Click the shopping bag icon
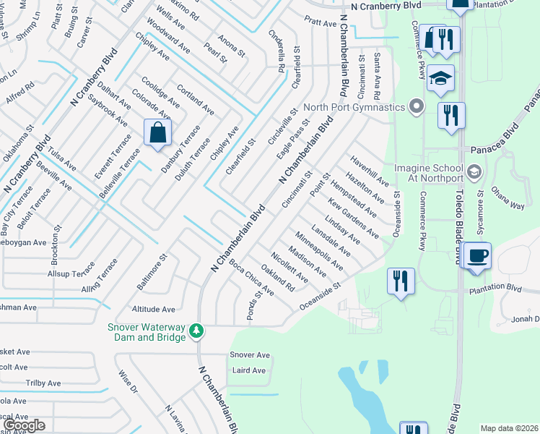point(157,133)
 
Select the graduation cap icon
point(440,78)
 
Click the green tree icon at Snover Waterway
point(196,331)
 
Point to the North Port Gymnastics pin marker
point(415,108)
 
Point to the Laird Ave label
point(249,370)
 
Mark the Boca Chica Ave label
point(251,278)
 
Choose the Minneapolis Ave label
point(319,250)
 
